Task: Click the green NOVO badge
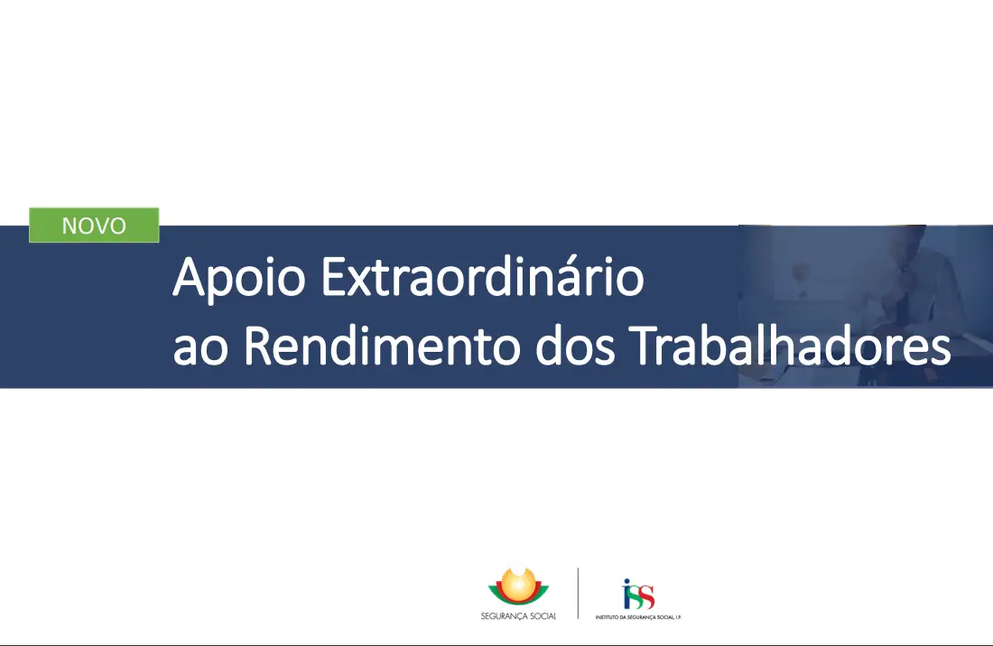click(94, 226)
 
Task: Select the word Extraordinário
click(482, 278)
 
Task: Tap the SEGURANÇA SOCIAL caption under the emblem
click(518, 615)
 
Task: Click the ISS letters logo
click(639, 595)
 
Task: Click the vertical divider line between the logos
click(578, 593)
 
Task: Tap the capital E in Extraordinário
click(331, 278)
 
